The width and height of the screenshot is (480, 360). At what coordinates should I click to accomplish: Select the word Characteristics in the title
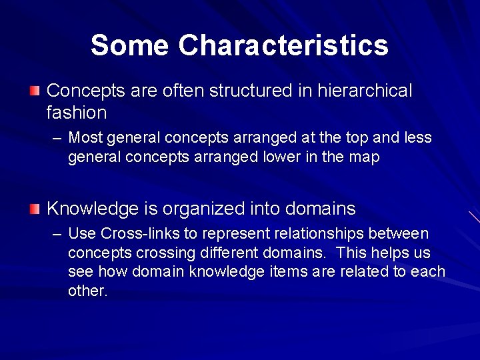click(283, 46)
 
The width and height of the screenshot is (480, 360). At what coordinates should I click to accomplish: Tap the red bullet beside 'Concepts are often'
click(35, 90)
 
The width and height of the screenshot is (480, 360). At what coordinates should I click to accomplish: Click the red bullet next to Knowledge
click(35, 209)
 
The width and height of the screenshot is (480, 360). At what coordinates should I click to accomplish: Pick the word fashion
click(77, 112)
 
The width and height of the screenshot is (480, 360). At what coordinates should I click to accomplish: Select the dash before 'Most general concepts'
click(57, 138)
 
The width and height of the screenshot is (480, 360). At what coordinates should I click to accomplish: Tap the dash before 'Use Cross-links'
click(57, 234)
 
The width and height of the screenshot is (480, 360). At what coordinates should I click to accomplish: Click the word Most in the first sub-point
click(85, 138)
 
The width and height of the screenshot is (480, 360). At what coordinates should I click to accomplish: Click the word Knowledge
click(92, 209)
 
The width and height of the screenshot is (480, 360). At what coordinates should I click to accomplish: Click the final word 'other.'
click(87, 292)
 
